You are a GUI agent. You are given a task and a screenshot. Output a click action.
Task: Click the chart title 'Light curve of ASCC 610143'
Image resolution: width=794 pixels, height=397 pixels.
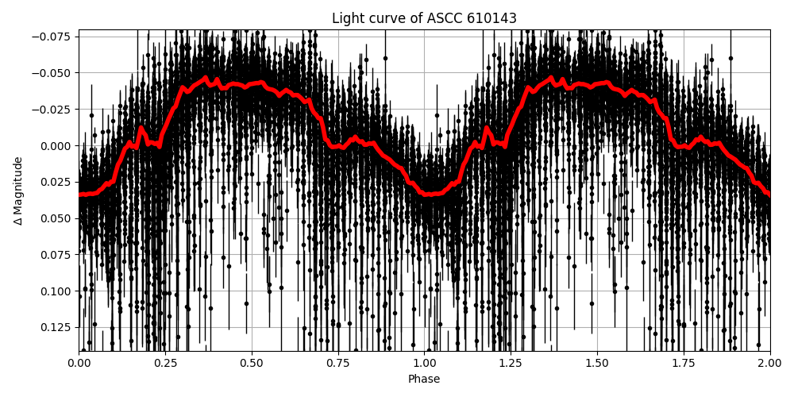[x=424, y=18]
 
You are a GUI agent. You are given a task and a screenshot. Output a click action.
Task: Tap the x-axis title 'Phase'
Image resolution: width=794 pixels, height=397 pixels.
[x=424, y=380]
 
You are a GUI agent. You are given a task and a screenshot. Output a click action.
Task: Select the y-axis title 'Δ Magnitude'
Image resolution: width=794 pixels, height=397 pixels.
[x=18, y=191]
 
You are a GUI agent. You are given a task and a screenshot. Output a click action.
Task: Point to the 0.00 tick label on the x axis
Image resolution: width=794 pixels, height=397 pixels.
[x=79, y=363]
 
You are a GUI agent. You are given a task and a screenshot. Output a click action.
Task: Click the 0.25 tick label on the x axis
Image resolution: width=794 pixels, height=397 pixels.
[x=165, y=363]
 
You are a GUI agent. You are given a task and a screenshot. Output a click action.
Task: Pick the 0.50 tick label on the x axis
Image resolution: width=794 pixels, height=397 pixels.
[x=252, y=363]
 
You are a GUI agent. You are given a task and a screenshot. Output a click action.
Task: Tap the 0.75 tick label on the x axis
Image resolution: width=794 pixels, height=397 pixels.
[x=338, y=363]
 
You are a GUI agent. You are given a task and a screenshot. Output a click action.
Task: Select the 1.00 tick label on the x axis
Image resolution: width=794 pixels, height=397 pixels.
[x=424, y=363]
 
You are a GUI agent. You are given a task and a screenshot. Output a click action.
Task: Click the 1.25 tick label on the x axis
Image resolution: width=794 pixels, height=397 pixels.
[x=511, y=363]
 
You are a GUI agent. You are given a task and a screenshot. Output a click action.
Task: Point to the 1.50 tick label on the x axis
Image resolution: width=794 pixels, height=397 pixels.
[x=597, y=363]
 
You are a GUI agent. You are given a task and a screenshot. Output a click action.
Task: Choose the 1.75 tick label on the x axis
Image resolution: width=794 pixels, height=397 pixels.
[x=684, y=363]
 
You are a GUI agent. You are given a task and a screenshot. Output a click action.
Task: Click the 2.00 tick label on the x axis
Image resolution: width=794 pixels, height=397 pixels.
[x=770, y=363]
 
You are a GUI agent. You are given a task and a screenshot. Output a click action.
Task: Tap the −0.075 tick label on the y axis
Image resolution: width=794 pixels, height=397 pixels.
[x=52, y=37]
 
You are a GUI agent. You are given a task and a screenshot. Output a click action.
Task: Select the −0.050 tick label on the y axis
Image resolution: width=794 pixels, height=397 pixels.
[x=52, y=73]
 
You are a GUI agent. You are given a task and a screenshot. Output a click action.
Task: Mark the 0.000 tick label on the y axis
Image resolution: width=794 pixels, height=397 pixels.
[x=56, y=145]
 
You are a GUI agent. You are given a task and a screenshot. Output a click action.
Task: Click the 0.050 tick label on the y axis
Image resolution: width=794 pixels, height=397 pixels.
[x=56, y=218]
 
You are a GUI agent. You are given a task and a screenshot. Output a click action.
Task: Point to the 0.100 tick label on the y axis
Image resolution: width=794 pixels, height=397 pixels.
[x=56, y=291]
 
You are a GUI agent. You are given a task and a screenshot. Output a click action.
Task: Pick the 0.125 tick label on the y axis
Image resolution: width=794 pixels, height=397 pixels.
[x=56, y=327]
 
